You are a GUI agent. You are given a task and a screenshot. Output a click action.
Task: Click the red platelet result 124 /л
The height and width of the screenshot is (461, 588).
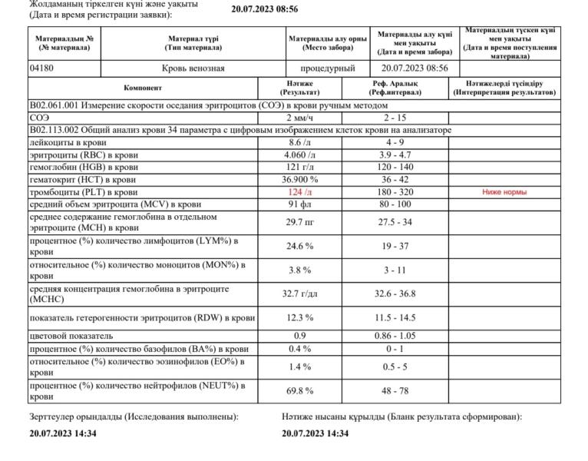click(300, 191)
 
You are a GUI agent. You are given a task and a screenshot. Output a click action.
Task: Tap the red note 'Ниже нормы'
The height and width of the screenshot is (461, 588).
click(504, 191)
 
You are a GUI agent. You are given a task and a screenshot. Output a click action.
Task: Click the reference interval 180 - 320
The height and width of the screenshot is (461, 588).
click(394, 191)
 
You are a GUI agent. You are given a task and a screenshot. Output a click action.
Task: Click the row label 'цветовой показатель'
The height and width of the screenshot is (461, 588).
click(71, 336)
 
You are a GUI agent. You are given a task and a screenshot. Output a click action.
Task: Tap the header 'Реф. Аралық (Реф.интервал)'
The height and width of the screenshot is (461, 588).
click(394, 88)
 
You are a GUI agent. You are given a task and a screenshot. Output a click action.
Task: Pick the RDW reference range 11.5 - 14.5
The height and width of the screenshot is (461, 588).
click(394, 317)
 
